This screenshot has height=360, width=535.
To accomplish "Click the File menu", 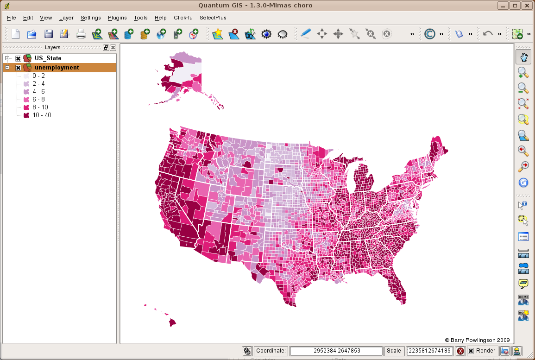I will [12, 18].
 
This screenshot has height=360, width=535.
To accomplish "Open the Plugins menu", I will [117, 18].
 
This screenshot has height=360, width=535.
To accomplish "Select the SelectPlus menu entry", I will [213, 18].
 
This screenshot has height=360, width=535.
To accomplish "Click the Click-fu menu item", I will [183, 18].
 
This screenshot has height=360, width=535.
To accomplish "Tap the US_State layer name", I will [48, 58].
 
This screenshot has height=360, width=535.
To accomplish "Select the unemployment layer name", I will [57, 68].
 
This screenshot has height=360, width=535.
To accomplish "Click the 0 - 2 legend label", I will [38, 76].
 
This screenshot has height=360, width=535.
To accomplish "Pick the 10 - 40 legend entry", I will [42, 115].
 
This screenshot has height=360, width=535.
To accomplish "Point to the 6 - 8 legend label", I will [38, 99].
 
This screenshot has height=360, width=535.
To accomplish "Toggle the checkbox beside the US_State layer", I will [18, 58].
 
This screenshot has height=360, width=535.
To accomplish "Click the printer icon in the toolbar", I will [81, 34].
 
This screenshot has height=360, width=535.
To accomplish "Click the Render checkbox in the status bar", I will [471, 351].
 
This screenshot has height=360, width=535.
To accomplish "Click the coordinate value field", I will [336, 351].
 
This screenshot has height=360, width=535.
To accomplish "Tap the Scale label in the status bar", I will [394, 351].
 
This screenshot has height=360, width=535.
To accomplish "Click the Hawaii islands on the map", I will [171, 321].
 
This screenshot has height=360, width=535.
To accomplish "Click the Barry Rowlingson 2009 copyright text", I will [477, 340].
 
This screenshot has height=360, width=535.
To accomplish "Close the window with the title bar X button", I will [527, 6].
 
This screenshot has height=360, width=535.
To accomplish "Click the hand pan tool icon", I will [523, 57].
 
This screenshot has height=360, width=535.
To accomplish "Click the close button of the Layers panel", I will [113, 47].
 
